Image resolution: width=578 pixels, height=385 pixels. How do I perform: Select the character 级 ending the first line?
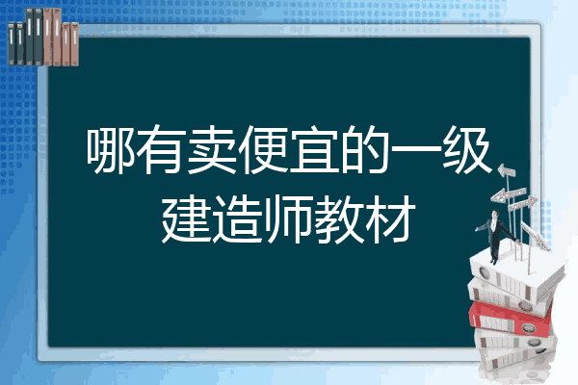[x=467, y=149]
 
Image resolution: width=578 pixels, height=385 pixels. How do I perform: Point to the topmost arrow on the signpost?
[x=507, y=171]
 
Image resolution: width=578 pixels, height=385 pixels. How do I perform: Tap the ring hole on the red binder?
[x=528, y=327]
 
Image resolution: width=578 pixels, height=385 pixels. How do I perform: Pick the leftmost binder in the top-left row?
[x=12, y=43]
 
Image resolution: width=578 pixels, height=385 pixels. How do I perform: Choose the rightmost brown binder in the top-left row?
[x=74, y=44]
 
